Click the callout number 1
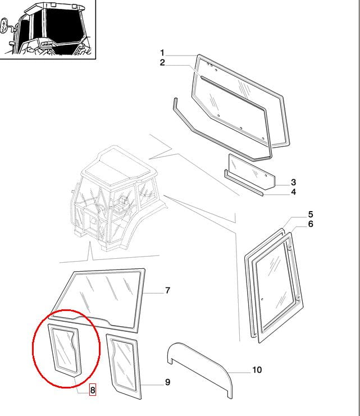pos(162,53)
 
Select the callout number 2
pos(162,63)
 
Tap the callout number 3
pos(293,182)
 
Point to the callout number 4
pos(293,192)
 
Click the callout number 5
pos(311,214)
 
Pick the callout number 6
pos(311,224)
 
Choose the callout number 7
pos(167,290)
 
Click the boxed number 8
pos(93,390)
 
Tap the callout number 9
pos(167,382)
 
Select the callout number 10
pos(257,369)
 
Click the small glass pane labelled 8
pos(64,350)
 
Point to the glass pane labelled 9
pos(124,366)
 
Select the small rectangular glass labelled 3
pos(252,172)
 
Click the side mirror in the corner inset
pos(4,25)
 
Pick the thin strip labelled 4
pos(243,183)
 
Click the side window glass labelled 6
pos(276,286)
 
